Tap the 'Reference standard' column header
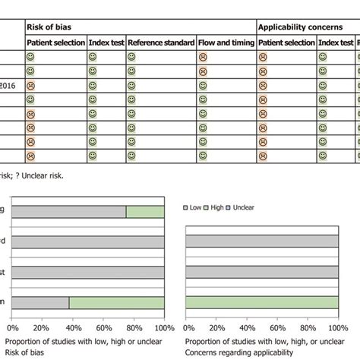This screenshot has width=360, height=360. [161, 43]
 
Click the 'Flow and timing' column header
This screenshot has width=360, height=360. [226, 43]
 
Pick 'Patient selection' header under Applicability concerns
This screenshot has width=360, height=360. [286, 43]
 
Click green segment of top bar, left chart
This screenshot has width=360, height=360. [144, 213]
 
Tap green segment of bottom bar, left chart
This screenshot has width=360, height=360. [116, 302]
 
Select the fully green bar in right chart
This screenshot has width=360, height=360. [261, 302]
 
